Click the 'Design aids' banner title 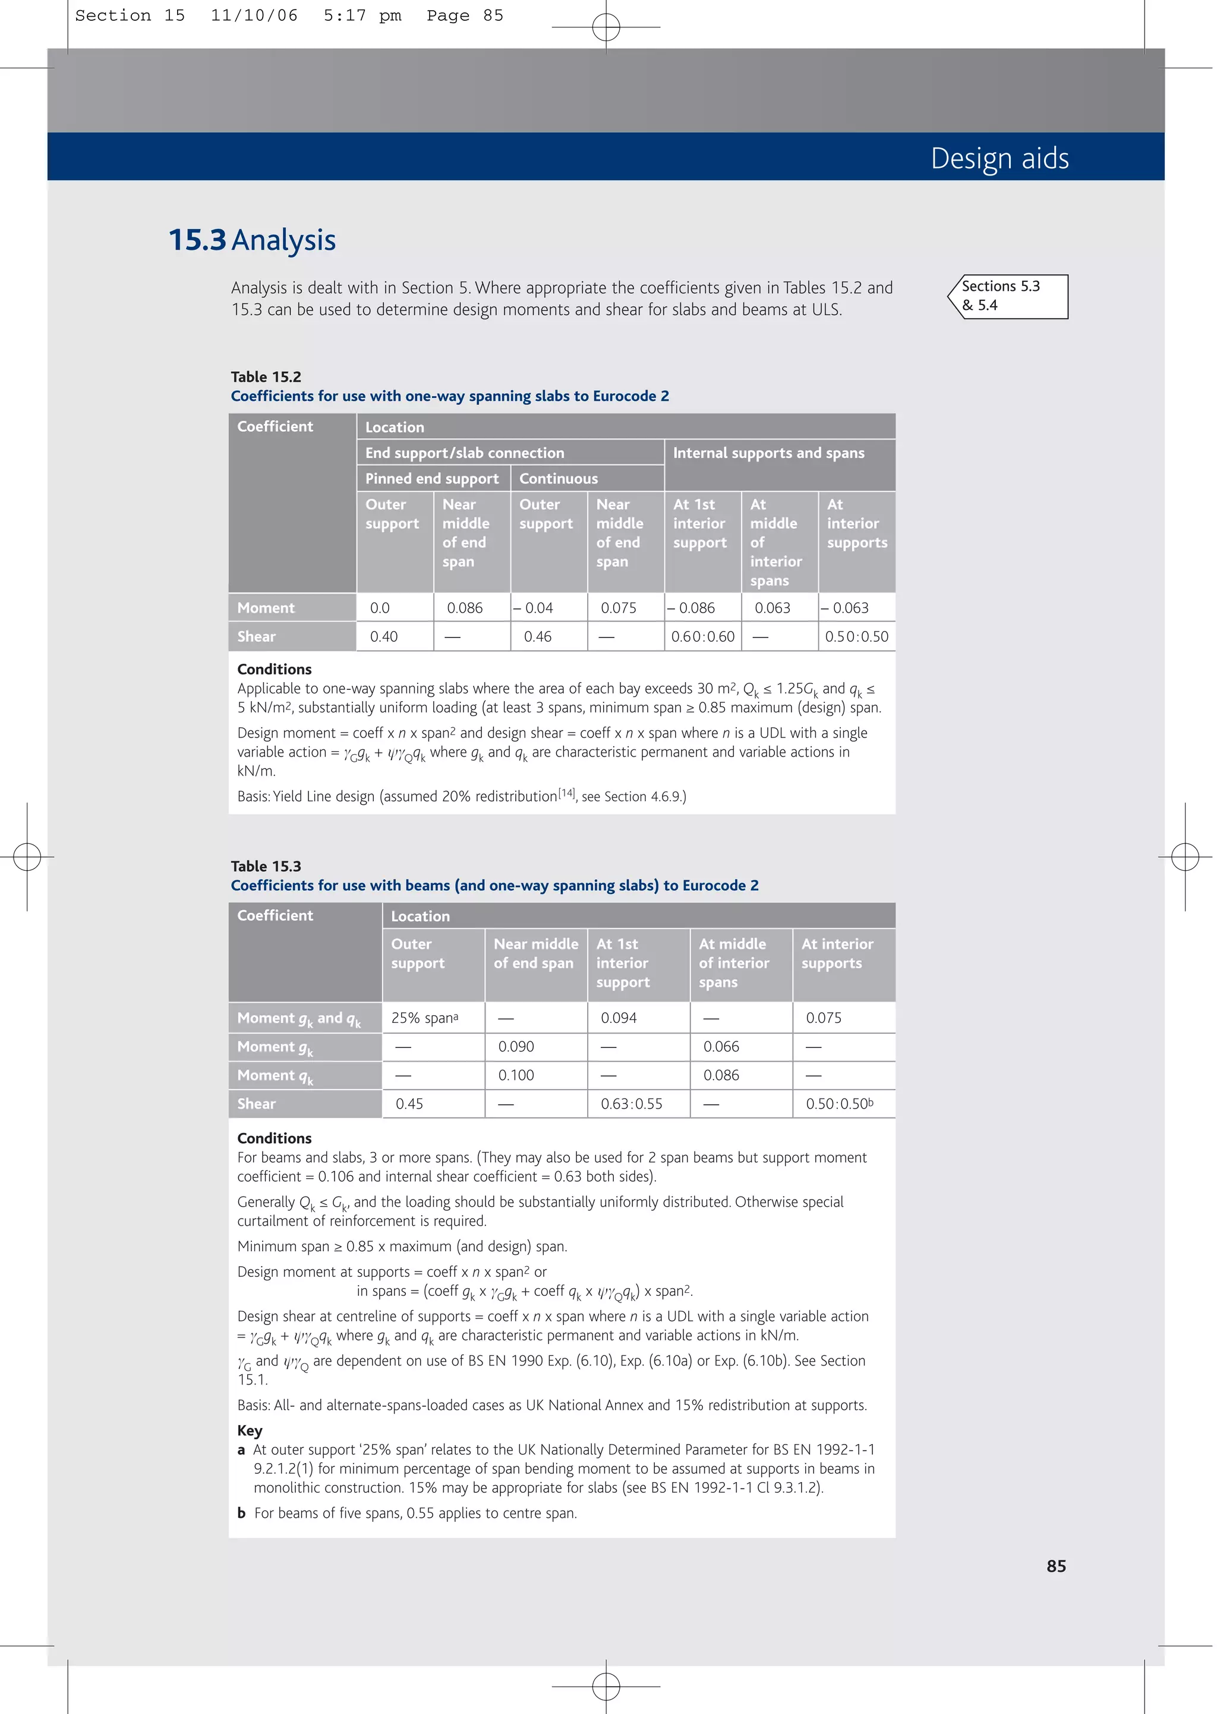tap(999, 158)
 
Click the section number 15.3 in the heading tap(197, 240)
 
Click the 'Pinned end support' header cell tap(431, 478)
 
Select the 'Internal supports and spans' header tap(768, 453)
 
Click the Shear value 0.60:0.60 tap(702, 636)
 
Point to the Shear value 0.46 tap(537, 636)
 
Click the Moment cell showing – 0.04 tap(534, 608)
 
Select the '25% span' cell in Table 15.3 tap(424, 1018)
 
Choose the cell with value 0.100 tap(516, 1075)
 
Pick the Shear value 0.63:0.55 tap(631, 1104)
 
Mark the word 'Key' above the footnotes tap(250, 1430)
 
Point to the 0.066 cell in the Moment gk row tap(721, 1047)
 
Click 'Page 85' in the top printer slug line tap(465, 15)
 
